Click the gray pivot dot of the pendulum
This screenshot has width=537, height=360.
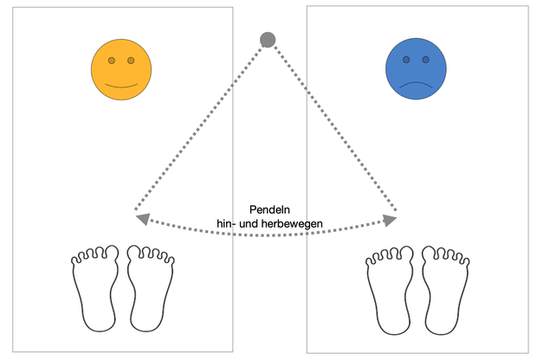click(x=268, y=40)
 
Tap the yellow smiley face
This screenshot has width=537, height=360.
click(x=121, y=69)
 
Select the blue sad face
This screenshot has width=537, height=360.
click(x=416, y=68)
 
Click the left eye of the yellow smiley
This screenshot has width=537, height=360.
click(x=112, y=61)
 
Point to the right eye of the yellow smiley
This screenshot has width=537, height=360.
click(x=131, y=61)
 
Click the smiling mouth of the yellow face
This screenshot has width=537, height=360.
click(x=121, y=86)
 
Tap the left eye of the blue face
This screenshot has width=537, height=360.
click(x=406, y=60)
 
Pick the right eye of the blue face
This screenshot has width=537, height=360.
click(x=425, y=60)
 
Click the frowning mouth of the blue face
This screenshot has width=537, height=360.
click(x=416, y=84)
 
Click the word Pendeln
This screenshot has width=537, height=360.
click(x=269, y=209)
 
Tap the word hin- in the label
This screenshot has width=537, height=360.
click(x=226, y=223)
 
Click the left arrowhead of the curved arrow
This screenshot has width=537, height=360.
click(x=144, y=219)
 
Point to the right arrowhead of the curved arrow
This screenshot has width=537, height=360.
click(x=390, y=221)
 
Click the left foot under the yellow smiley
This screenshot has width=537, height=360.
click(x=95, y=288)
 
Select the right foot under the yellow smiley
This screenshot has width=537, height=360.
click(x=151, y=288)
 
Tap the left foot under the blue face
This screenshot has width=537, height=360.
click(x=390, y=290)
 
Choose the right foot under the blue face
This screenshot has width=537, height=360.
click(x=445, y=290)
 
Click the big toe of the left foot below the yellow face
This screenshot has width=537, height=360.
click(x=112, y=254)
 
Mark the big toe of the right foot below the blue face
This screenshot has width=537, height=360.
click(x=429, y=254)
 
